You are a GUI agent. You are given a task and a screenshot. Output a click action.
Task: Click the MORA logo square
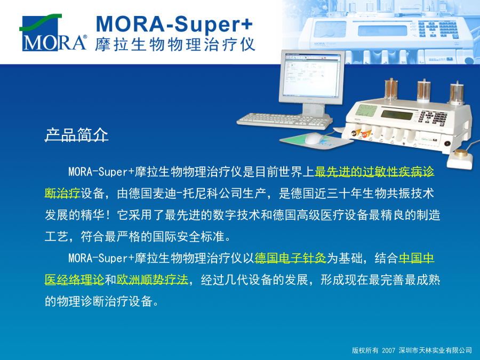[x=40, y=33]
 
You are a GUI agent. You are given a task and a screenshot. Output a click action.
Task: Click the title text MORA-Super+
[x=174, y=24]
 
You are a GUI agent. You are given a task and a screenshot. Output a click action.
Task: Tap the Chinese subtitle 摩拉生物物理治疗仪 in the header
[x=175, y=45]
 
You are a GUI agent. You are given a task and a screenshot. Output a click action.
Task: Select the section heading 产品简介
[x=76, y=135]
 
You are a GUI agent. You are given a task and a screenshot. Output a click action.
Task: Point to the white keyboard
[x=285, y=121]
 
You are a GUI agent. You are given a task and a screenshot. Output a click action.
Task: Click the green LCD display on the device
[x=397, y=115]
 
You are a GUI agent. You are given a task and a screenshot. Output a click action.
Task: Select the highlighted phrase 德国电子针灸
[x=290, y=258]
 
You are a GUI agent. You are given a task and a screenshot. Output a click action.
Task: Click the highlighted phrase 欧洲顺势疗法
[x=153, y=279]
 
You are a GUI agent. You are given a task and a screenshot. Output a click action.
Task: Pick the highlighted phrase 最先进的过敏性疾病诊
[x=374, y=172]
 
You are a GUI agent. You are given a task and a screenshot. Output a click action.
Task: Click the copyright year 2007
[x=389, y=350]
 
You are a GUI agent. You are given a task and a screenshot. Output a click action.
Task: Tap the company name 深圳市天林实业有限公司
[x=435, y=350]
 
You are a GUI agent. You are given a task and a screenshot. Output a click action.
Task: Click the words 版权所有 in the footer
[x=365, y=350]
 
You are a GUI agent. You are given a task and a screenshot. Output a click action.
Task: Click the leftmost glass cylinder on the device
[x=391, y=90]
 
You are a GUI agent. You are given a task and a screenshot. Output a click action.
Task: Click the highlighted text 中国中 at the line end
[x=417, y=258]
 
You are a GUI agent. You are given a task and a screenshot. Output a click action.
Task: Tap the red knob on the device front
[x=365, y=134]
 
